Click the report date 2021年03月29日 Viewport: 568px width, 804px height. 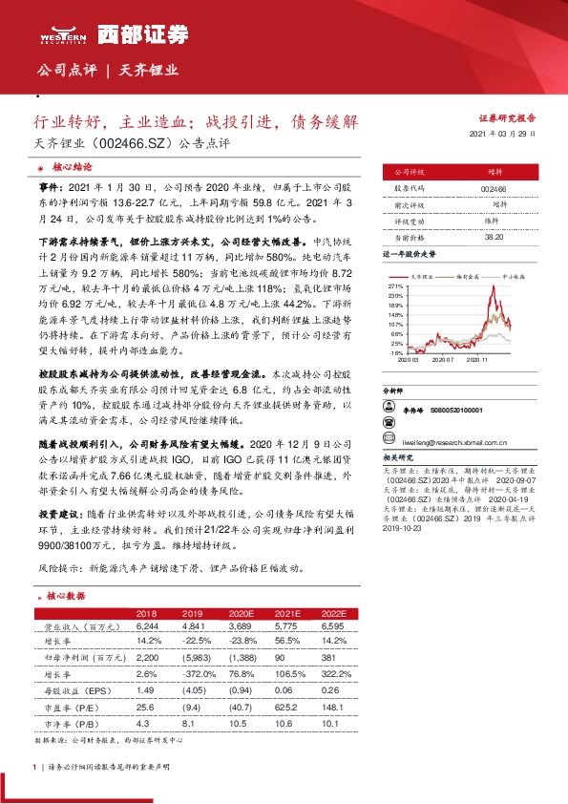(x=510, y=136)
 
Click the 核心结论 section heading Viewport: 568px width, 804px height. (x=72, y=166)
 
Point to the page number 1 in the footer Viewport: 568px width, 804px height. (x=35, y=767)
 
